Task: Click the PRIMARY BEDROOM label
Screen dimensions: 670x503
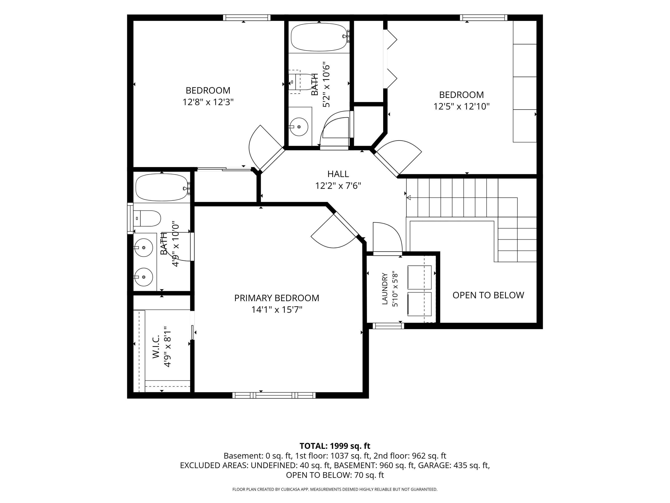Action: click(x=276, y=298)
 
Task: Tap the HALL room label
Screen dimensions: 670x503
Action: click(x=338, y=174)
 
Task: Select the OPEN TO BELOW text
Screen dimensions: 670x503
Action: click(x=488, y=295)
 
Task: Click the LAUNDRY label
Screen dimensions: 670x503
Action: click(x=385, y=289)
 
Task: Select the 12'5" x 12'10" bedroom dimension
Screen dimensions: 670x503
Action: click(x=461, y=107)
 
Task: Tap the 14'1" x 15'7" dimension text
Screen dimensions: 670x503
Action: click(x=276, y=310)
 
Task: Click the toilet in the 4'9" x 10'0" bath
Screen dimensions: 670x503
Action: click(x=147, y=218)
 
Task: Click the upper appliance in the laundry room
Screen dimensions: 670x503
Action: click(x=419, y=277)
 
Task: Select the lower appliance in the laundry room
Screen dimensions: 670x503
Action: click(x=419, y=304)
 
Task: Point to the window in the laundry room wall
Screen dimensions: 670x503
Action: click(x=388, y=326)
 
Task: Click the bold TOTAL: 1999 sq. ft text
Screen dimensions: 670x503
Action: click(x=335, y=446)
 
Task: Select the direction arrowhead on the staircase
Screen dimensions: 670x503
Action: click(x=409, y=198)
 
